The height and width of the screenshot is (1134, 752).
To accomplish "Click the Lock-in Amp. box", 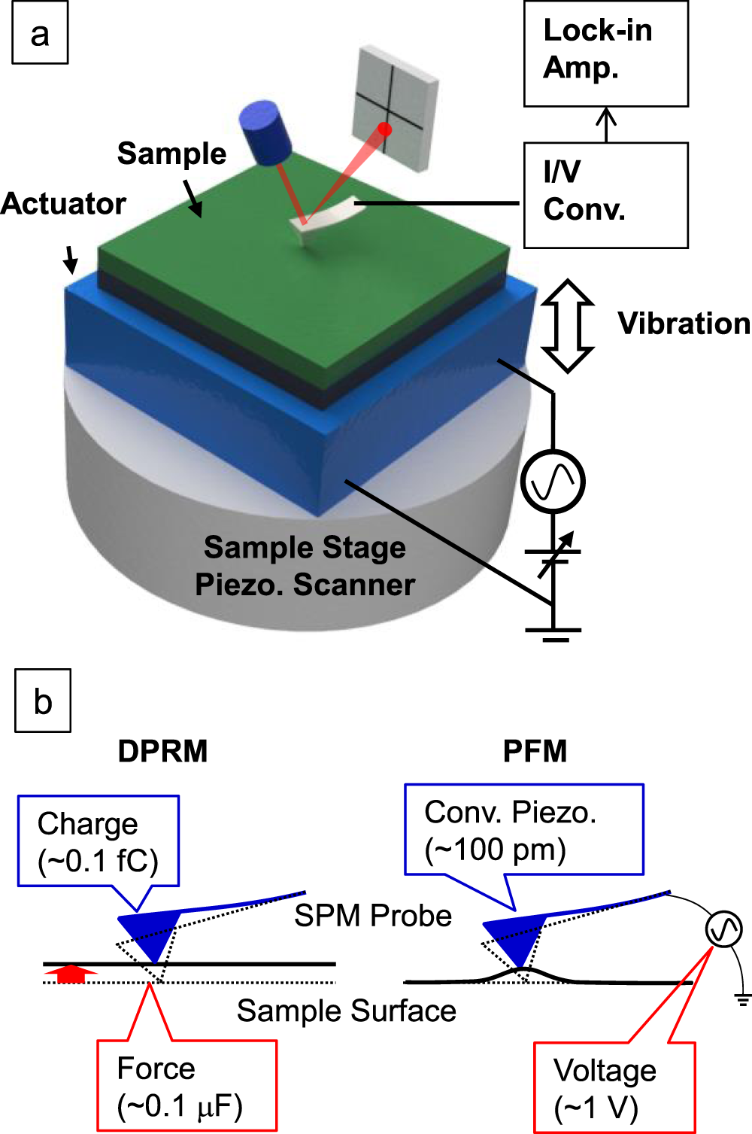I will (x=605, y=53).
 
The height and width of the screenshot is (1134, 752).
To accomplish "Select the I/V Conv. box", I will (x=605, y=195).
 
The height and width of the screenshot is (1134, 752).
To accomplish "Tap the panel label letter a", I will (x=40, y=35).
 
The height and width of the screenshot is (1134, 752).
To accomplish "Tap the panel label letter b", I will (x=43, y=701).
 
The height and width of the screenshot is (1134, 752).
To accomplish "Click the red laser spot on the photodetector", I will (x=385, y=129).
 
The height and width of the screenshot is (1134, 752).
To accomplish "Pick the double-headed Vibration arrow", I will (x=568, y=326).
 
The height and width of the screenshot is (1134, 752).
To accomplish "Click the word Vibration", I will (x=684, y=324).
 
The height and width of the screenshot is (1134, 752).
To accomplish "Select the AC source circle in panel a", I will (x=553, y=482).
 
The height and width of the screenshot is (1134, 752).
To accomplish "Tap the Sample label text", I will (x=171, y=154).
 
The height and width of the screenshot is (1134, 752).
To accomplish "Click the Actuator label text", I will (x=63, y=204).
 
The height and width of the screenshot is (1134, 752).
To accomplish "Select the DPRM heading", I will (x=162, y=751).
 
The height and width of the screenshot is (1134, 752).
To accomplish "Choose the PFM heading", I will (x=535, y=751).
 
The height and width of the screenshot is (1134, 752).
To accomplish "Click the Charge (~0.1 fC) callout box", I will (x=99, y=841).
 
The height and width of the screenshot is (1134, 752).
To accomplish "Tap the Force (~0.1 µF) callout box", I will (x=186, y=1086).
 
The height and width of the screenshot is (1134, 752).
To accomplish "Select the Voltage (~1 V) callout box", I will (x=614, y=1087).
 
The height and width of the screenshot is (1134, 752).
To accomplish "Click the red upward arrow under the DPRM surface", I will (x=71, y=973).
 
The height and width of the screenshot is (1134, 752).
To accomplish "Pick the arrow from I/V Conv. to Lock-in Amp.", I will (x=606, y=124).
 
